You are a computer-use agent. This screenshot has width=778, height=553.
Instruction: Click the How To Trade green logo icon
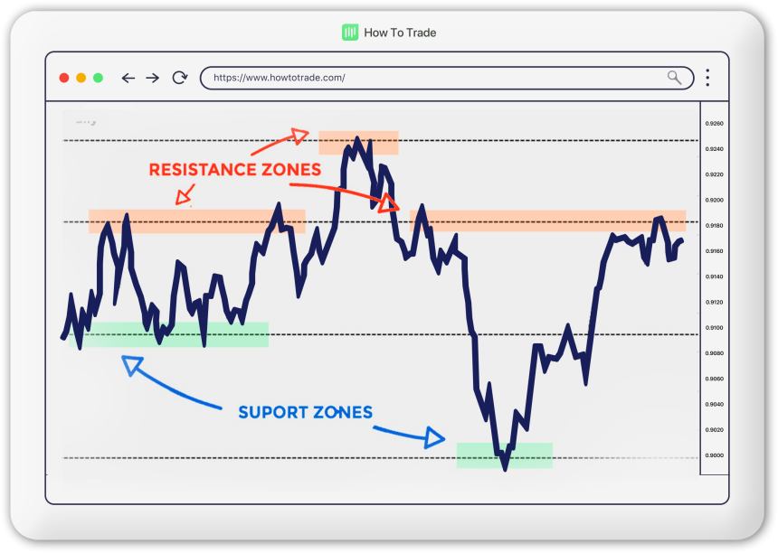click(x=350, y=33)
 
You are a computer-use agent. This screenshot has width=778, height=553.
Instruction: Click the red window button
click(x=64, y=78)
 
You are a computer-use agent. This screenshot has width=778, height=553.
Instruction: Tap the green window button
click(x=98, y=78)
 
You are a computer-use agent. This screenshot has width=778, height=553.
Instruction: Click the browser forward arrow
click(x=153, y=78)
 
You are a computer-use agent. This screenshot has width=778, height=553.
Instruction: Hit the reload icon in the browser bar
click(x=180, y=78)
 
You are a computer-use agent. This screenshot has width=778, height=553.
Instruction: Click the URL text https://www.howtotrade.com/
click(x=280, y=78)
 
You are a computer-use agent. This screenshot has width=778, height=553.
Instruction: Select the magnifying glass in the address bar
click(x=675, y=78)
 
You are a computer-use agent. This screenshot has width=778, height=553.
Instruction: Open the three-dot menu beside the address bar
click(x=707, y=78)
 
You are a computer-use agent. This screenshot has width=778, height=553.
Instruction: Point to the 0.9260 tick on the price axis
click(x=715, y=123)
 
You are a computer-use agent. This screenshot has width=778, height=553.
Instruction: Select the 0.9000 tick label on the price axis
click(x=715, y=455)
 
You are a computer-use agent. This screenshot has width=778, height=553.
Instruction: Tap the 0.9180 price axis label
click(x=715, y=225)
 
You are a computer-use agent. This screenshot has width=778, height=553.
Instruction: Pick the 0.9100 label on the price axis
click(x=715, y=327)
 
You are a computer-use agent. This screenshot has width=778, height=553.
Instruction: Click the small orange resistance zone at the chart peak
click(x=358, y=142)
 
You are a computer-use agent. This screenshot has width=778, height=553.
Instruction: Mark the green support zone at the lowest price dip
click(x=504, y=455)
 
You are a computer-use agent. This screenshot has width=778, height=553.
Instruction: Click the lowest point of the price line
click(x=506, y=469)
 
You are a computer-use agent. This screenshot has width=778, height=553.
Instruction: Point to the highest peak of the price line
click(x=357, y=138)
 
